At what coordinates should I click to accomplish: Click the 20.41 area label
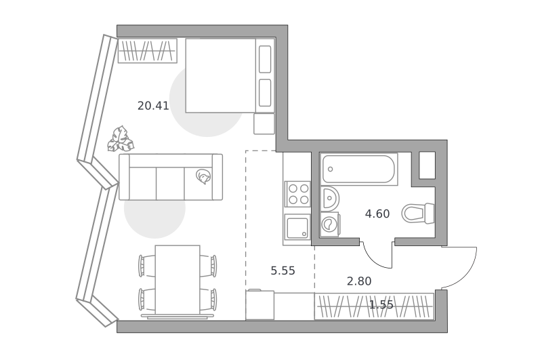[x=153, y=106]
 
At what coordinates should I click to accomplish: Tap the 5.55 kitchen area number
[x=283, y=271]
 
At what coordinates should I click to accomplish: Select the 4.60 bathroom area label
[x=377, y=214]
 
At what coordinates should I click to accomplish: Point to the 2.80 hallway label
[x=359, y=281]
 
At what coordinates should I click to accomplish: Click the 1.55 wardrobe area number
[x=381, y=304]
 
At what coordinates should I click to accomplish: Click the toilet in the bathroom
[x=417, y=213]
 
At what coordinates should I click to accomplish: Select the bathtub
[x=359, y=169]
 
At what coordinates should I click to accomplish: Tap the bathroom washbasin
[x=330, y=199]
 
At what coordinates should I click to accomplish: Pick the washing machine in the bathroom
[x=329, y=224]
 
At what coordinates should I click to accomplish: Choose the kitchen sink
[x=297, y=227]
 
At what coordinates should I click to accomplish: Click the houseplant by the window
[x=121, y=140]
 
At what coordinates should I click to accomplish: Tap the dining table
[x=178, y=279]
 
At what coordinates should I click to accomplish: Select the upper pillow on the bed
[x=265, y=60]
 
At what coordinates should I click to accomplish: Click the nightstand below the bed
[x=264, y=123]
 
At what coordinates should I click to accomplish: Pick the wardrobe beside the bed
[x=148, y=51]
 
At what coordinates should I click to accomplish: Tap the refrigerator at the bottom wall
[x=260, y=305]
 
